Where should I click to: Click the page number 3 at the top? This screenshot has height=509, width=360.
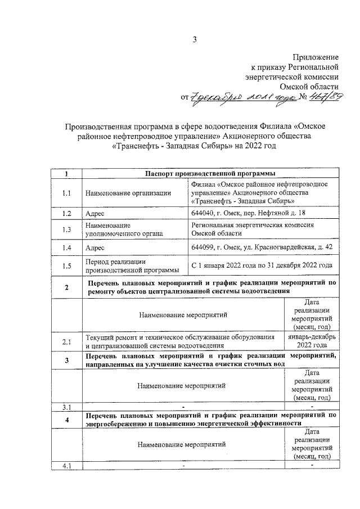[x=194, y=39]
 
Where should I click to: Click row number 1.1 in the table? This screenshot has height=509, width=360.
[x=66, y=193]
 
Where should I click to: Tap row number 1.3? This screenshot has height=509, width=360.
[x=66, y=229]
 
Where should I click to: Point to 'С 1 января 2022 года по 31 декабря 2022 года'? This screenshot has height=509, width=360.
[x=262, y=265]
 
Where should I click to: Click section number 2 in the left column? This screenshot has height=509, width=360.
[x=66, y=287]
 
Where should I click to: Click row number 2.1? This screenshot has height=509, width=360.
[x=66, y=341]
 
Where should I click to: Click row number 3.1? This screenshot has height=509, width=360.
[x=66, y=406]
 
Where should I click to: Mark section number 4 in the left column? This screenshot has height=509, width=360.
[x=66, y=420]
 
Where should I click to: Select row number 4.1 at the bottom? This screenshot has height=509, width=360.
[x=66, y=465]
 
